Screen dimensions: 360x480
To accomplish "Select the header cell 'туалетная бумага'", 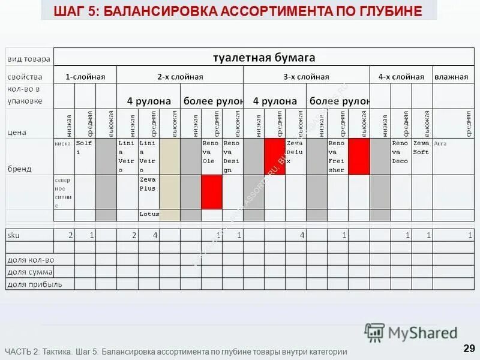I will pyautogui.click(x=264, y=58).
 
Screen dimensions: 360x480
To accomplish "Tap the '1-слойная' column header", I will pyautogui.click(x=85, y=77).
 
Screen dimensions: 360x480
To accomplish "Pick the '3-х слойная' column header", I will pyautogui.click(x=306, y=77).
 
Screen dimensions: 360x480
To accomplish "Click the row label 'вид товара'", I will pyautogui.click(x=29, y=59).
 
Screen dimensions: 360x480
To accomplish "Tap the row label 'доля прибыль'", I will pyautogui.click(x=34, y=284).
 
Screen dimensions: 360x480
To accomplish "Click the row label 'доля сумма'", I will pyautogui.click(x=31, y=272).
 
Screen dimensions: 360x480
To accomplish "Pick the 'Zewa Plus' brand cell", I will pyautogui.click(x=148, y=184).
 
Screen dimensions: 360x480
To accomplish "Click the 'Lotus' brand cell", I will pyautogui.click(x=148, y=214).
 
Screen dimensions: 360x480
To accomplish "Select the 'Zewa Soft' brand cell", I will pyautogui.click(x=421, y=148).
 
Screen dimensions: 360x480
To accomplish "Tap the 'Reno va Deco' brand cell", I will pyautogui.click(x=400, y=152).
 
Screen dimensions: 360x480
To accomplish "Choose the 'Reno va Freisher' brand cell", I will pyautogui.click(x=337, y=157).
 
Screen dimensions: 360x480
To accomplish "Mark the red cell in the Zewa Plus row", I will pyautogui.click(x=211, y=192).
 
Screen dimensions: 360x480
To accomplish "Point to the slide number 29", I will pyautogui.click(x=469, y=348).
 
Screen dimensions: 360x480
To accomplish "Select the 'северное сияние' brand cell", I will pyautogui.click(x=64, y=192).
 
